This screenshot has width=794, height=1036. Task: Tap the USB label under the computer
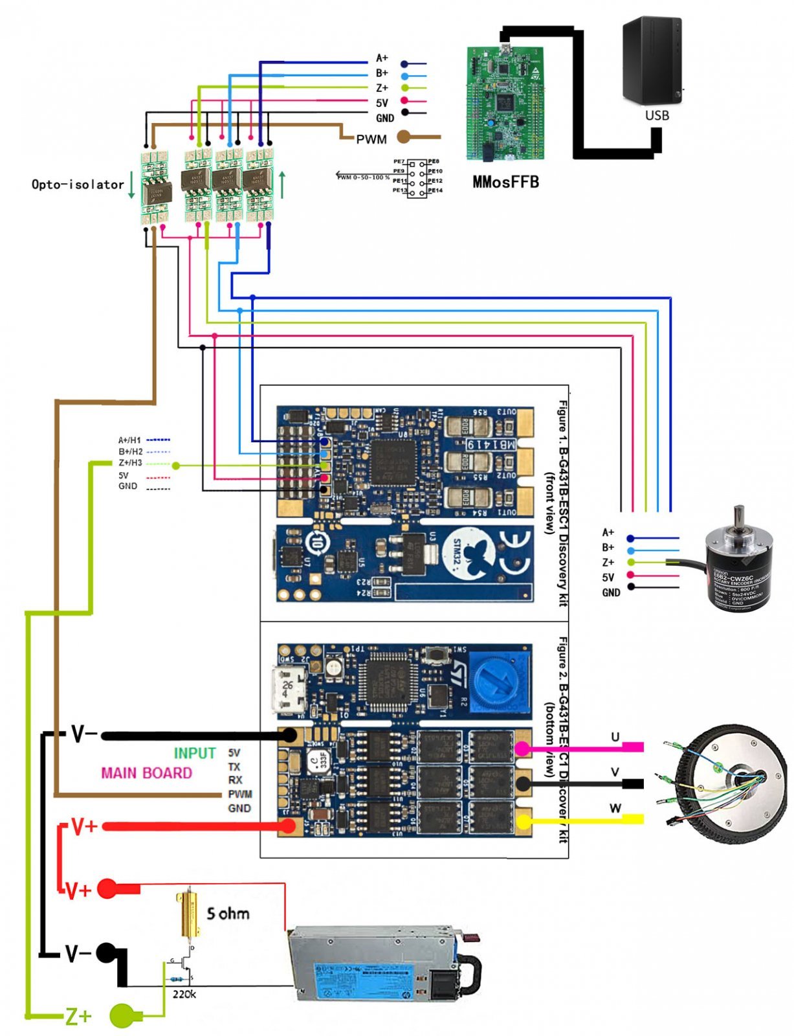click(656, 115)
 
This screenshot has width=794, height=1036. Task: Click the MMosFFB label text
click(505, 182)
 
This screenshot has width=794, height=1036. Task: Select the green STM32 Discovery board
click(505, 104)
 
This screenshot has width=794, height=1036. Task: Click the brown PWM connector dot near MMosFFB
click(403, 137)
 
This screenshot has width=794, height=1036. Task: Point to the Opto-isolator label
click(78, 185)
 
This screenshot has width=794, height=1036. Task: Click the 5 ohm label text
click(228, 914)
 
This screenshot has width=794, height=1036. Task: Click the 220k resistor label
click(184, 994)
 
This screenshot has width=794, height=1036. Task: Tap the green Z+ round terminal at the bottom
click(123, 1015)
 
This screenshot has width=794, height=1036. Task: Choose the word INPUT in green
click(194, 753)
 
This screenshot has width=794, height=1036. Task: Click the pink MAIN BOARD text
click(146, 772)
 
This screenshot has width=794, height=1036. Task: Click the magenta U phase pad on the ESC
click(522, 749)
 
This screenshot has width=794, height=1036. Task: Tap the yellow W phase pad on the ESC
click(522, 821)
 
